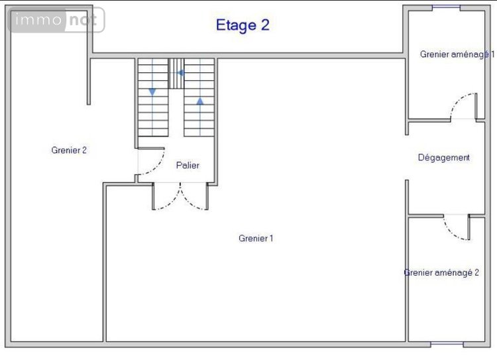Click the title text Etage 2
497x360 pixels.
tap(243, 26)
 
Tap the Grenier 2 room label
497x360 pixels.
tap(69, 150)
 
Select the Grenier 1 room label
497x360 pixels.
tap(256, 239)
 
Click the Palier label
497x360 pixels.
tap(188, 166)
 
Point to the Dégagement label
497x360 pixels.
tap(443, 158)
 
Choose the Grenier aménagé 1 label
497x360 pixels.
tap(456, 54)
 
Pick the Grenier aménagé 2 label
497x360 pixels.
tap(442, 272)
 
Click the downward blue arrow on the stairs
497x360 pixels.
tap(152, 91)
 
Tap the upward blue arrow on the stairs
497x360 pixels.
tap(199, 101)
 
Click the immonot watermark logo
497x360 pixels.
tap(56, 21)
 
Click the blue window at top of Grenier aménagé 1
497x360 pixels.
tap(446, 7)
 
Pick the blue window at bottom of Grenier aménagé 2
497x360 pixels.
tap(447, 344)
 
